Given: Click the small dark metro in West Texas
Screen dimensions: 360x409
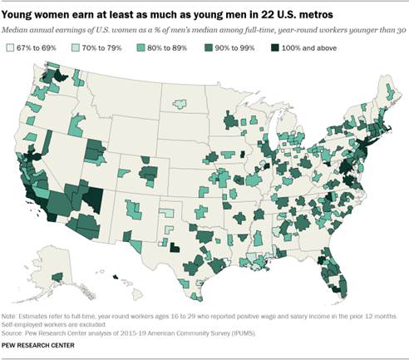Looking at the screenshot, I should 175,247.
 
